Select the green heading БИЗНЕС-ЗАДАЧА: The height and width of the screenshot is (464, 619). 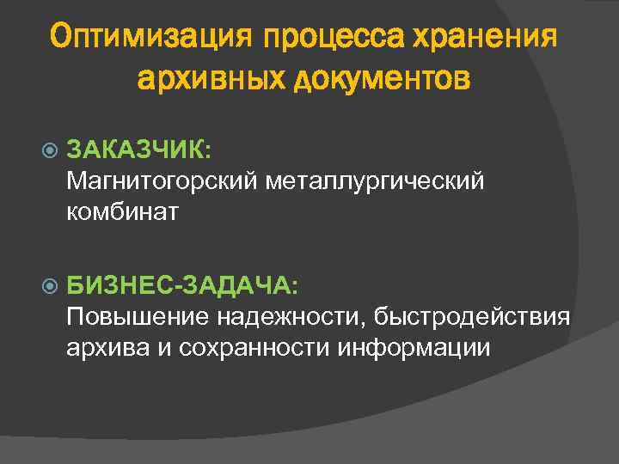pyautogui.click(x=182, y=284)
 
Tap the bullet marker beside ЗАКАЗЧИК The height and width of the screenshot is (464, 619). pyautogui.click(x=49, y=150)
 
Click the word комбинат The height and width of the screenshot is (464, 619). pyautogui.click(x=122, y=211)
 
